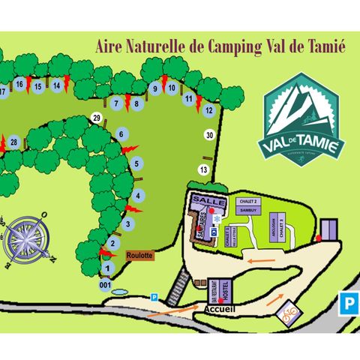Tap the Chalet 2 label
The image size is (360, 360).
click(x=247, y=202)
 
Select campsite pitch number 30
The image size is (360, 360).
click(x=209, y=135)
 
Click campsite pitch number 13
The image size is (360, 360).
click(x=202, y=169)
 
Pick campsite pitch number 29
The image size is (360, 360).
click(x=97, y=118)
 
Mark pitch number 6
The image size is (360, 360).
click(x=121, y=135)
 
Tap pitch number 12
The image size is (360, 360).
click(x=208, y=111)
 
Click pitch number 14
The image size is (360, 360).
click(x=56, y=85)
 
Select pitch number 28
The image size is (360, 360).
click(x=14, y=142)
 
